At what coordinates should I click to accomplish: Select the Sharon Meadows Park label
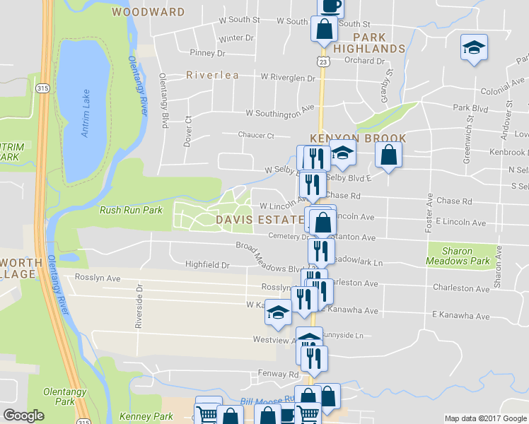pos(458,256)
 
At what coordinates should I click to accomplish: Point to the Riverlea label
pos(212,75)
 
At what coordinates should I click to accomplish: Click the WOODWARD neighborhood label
pos(148,12)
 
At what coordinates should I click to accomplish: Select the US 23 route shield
pos(322,62)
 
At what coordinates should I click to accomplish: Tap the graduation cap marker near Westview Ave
pos(279,312)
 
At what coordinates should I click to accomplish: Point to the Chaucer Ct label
pos(256,135)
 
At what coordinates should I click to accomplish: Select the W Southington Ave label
pos(279,112)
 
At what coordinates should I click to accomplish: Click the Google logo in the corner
pos(24,416)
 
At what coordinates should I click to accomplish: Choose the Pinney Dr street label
pos(207,53)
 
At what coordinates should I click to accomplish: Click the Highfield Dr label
pos(207,265)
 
